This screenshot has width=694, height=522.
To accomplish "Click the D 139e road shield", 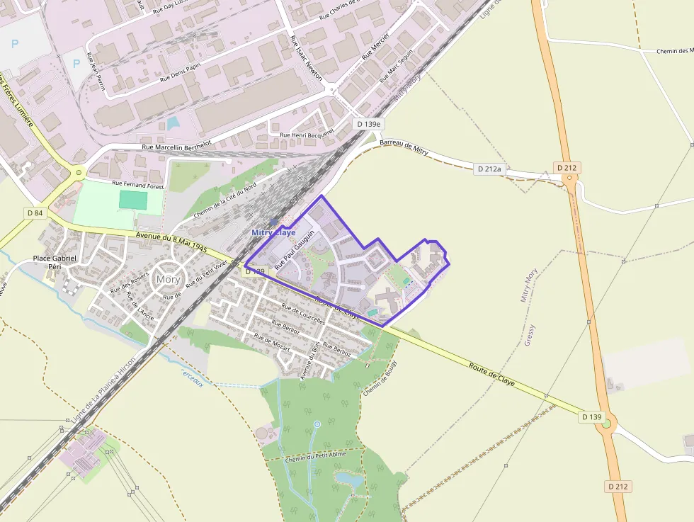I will (x=368, y=124).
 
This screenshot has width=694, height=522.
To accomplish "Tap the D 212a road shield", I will (x=489, y=169).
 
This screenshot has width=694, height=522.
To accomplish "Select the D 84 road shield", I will (x=35, y=212).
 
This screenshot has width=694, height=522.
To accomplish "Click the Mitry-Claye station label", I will (x=273, y=232).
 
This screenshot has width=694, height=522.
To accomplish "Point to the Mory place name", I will (x=168, y=279).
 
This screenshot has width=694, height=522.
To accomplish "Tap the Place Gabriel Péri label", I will (x=55, y=262).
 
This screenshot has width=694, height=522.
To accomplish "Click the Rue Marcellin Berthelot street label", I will (x=177, y=147).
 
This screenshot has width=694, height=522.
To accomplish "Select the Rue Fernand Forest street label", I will (x=137, y=185).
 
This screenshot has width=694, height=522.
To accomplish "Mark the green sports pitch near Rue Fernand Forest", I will (x=134, y=199).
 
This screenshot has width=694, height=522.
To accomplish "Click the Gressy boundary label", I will (x=531, y=334).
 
